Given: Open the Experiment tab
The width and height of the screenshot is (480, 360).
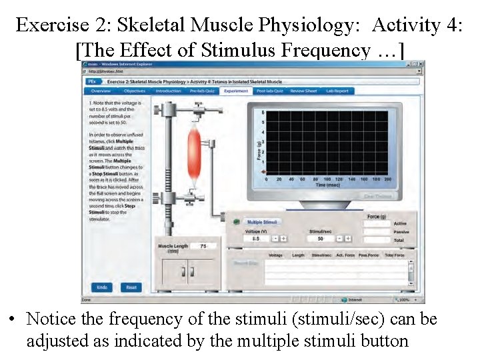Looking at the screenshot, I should click(x=236, y=91).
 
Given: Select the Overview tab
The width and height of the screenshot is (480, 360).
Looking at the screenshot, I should click(x=101, y=91).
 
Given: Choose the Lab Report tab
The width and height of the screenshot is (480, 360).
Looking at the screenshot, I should click(x=337, y=91).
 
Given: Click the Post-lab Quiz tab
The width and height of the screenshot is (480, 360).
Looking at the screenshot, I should click(x=269, y=91).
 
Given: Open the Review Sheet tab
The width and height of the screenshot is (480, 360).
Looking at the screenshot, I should click(x=303, y=91).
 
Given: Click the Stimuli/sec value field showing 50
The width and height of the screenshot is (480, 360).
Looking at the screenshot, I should click(x=320, y=238).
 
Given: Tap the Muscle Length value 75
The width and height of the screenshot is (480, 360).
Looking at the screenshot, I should click(x=203, y=246).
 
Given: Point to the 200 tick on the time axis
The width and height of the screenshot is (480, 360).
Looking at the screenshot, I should click(x=387, y=179).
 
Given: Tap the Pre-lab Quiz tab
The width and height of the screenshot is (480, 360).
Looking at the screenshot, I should click(x=202, y=91).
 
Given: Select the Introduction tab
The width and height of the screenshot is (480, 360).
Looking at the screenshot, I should click(x=168, y=91).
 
